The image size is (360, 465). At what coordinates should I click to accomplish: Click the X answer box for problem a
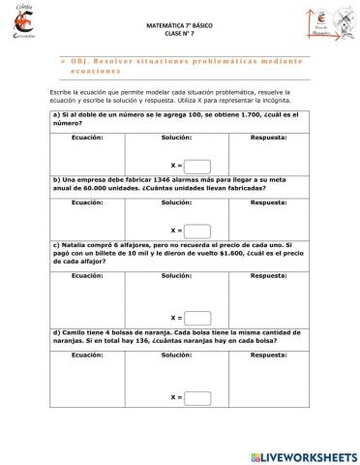coord(196,165)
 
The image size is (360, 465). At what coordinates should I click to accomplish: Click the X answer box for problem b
coord(196,231)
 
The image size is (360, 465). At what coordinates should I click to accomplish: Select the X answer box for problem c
coord(196,317)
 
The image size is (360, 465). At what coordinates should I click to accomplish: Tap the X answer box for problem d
coord(196,397)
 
